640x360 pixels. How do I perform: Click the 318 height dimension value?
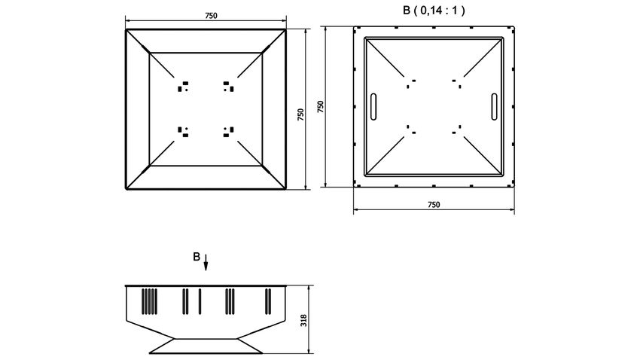coord(303,320)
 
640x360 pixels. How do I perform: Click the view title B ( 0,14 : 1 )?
coord(434,11)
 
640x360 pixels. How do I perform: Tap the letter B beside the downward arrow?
coord(197,257)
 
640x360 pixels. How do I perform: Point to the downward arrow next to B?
coord(206,262)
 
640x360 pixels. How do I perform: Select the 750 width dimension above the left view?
coord(211,16)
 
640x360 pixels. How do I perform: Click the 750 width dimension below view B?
coord(434,205)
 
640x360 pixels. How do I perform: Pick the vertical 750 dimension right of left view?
coord(301,114)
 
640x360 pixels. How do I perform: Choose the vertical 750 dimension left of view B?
coord(321,107)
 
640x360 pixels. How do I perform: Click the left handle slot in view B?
coord(373,106)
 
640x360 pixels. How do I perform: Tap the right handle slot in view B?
coord(494,106)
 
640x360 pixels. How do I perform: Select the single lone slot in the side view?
coord(200,301)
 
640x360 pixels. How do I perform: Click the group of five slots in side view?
coord(149,301)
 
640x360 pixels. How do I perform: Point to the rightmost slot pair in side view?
coord(268,301)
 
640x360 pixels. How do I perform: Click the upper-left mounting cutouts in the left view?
coord(183,86)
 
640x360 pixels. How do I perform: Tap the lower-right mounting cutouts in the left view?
coord(229,132)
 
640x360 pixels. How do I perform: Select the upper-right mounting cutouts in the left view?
coord(229,86)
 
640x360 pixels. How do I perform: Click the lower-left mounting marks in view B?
coord(411,130)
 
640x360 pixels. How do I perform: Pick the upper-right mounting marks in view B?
coord(457,84)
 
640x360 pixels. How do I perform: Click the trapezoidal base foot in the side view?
coord(206,346)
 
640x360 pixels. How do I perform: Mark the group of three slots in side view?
coord(230,301)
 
